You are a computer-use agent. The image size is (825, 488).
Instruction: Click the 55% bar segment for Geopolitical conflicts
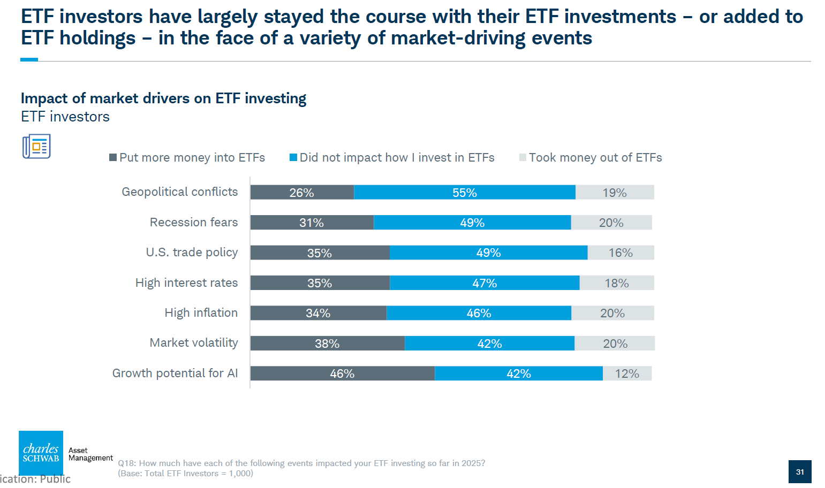(x=465, y=193)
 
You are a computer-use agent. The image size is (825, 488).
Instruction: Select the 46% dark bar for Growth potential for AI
(x=342, y=373)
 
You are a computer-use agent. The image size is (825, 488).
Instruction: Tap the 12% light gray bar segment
(x=627, y=373)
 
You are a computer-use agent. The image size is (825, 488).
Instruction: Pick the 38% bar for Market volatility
(x=327, y=344)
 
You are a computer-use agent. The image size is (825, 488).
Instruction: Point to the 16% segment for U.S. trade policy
(x=620, y=253)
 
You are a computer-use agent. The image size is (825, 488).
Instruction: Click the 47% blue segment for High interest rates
(x=485, y=283)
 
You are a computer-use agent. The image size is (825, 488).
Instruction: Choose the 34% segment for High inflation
(x=318, y=313)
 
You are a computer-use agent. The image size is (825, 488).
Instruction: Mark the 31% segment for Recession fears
(x=312, y=223)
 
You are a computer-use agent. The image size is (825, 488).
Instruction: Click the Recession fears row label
(x=193, y=222)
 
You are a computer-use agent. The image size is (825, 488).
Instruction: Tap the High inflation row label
(x=201, y=312)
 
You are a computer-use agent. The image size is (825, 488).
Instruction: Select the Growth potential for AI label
(x=175, y=373)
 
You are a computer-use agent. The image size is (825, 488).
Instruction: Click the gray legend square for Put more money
(x=113, y=157)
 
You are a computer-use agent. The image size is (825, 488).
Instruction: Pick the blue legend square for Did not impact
(x=293, y=157)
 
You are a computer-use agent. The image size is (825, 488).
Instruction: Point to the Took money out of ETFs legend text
(x=595, y=157)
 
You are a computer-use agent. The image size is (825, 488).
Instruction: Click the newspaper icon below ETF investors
(x=36, y=147)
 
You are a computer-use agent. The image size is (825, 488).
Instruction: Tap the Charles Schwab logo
(x=41, y=453)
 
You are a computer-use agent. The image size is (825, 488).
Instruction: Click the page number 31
(x=800, y=472)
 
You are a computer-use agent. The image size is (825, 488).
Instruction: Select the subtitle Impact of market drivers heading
(x=163, y=98)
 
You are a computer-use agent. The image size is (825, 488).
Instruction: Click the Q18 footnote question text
(x=301, y=463)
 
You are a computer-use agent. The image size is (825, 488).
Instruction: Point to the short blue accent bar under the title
(x=29, y=59)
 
